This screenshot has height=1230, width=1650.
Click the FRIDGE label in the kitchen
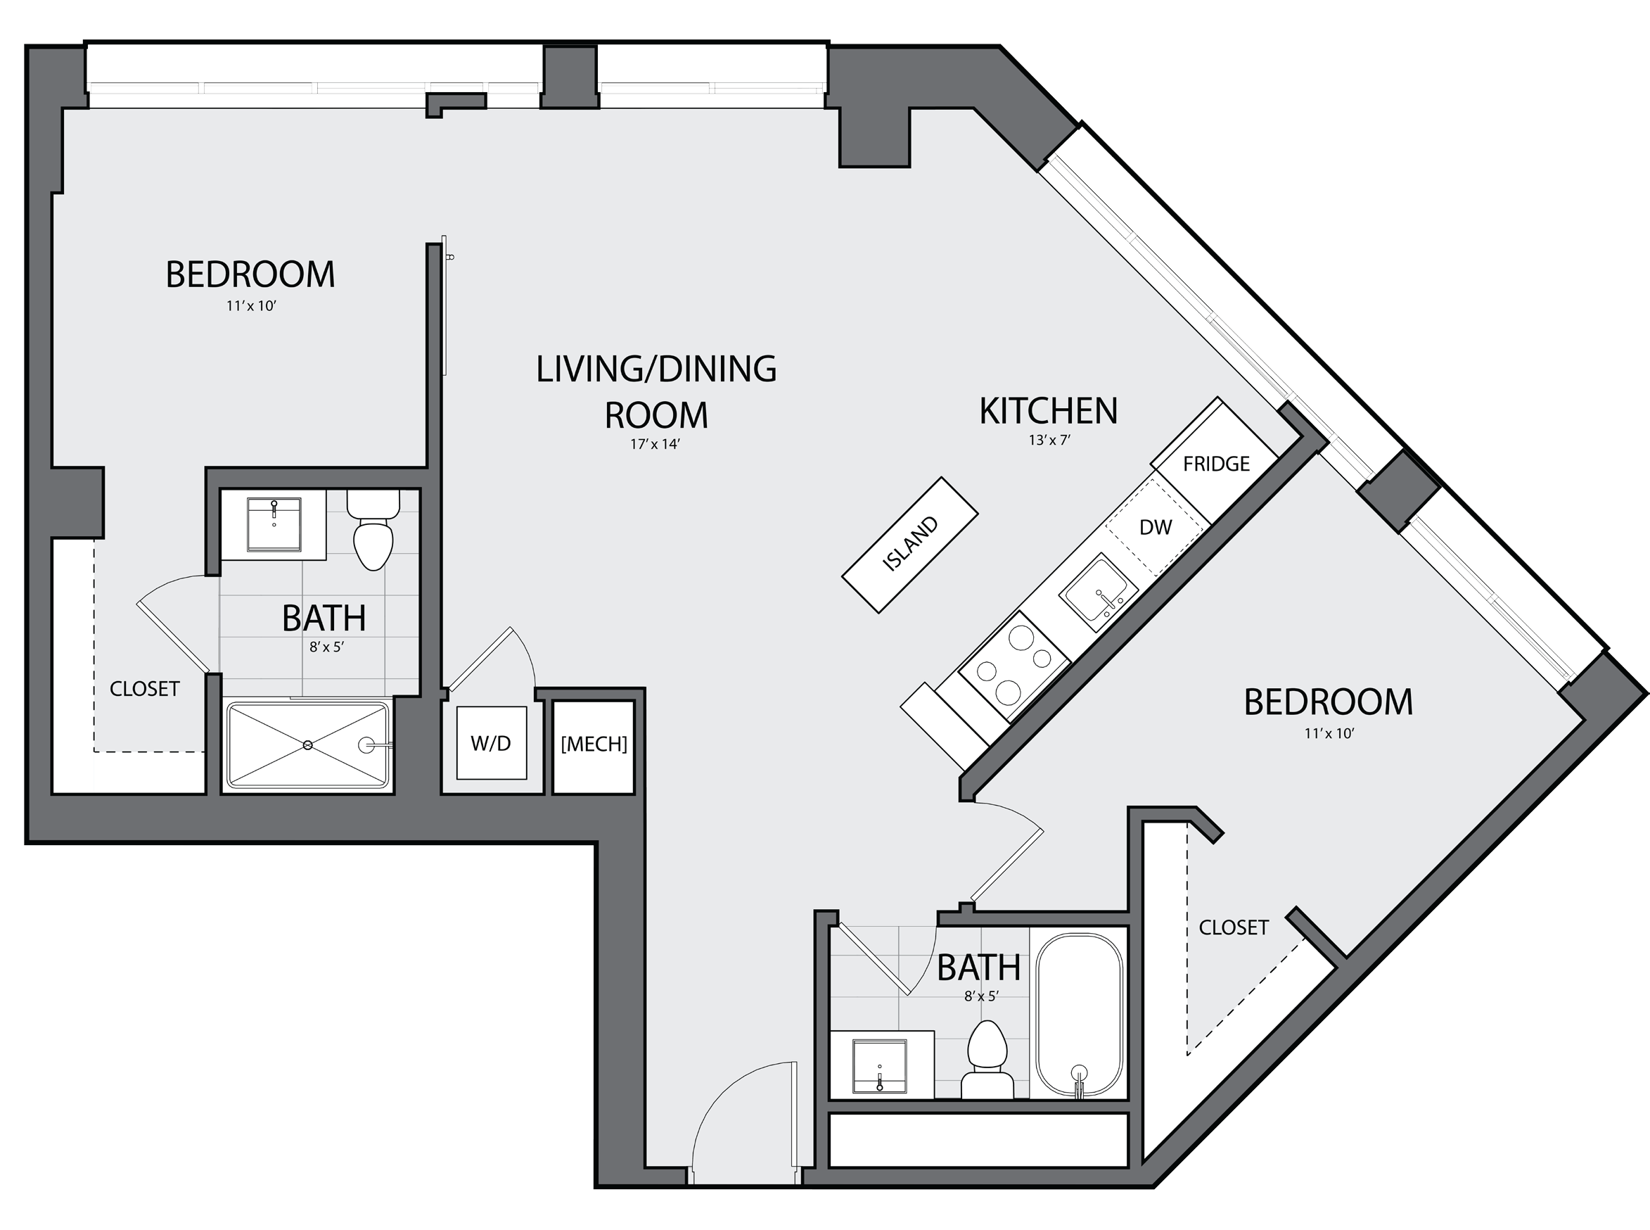[x=1216, y=464]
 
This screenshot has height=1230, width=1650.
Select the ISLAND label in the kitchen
[x=910, y=543]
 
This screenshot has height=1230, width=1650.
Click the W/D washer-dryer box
[x=491, y=743]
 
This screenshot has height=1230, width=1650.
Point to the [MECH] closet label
[x=594, y=744]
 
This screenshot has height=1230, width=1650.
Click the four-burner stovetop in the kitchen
[x=1014, y=666]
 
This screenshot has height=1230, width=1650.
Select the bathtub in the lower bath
[x=1079, y=1015]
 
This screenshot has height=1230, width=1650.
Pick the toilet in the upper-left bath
[x=373, y=529]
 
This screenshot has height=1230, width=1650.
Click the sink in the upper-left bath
[x=274, y=524]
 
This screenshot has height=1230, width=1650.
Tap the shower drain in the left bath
[x=307, y=744]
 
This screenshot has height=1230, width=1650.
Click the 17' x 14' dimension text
[x=655, y=445]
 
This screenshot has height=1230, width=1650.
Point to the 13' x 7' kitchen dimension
[x=1049, y=440]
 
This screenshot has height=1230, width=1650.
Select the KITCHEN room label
[x=1049, y=411]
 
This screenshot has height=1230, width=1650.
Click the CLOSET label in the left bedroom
[x=144, y=689]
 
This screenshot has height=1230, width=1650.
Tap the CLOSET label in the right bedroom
[x=1233, y=927]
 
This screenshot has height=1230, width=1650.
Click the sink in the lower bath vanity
[x=879, y=1066]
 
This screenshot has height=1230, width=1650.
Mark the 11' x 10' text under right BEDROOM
[x=1329, y=733]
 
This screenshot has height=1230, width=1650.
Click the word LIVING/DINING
[x=656, y=369]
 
